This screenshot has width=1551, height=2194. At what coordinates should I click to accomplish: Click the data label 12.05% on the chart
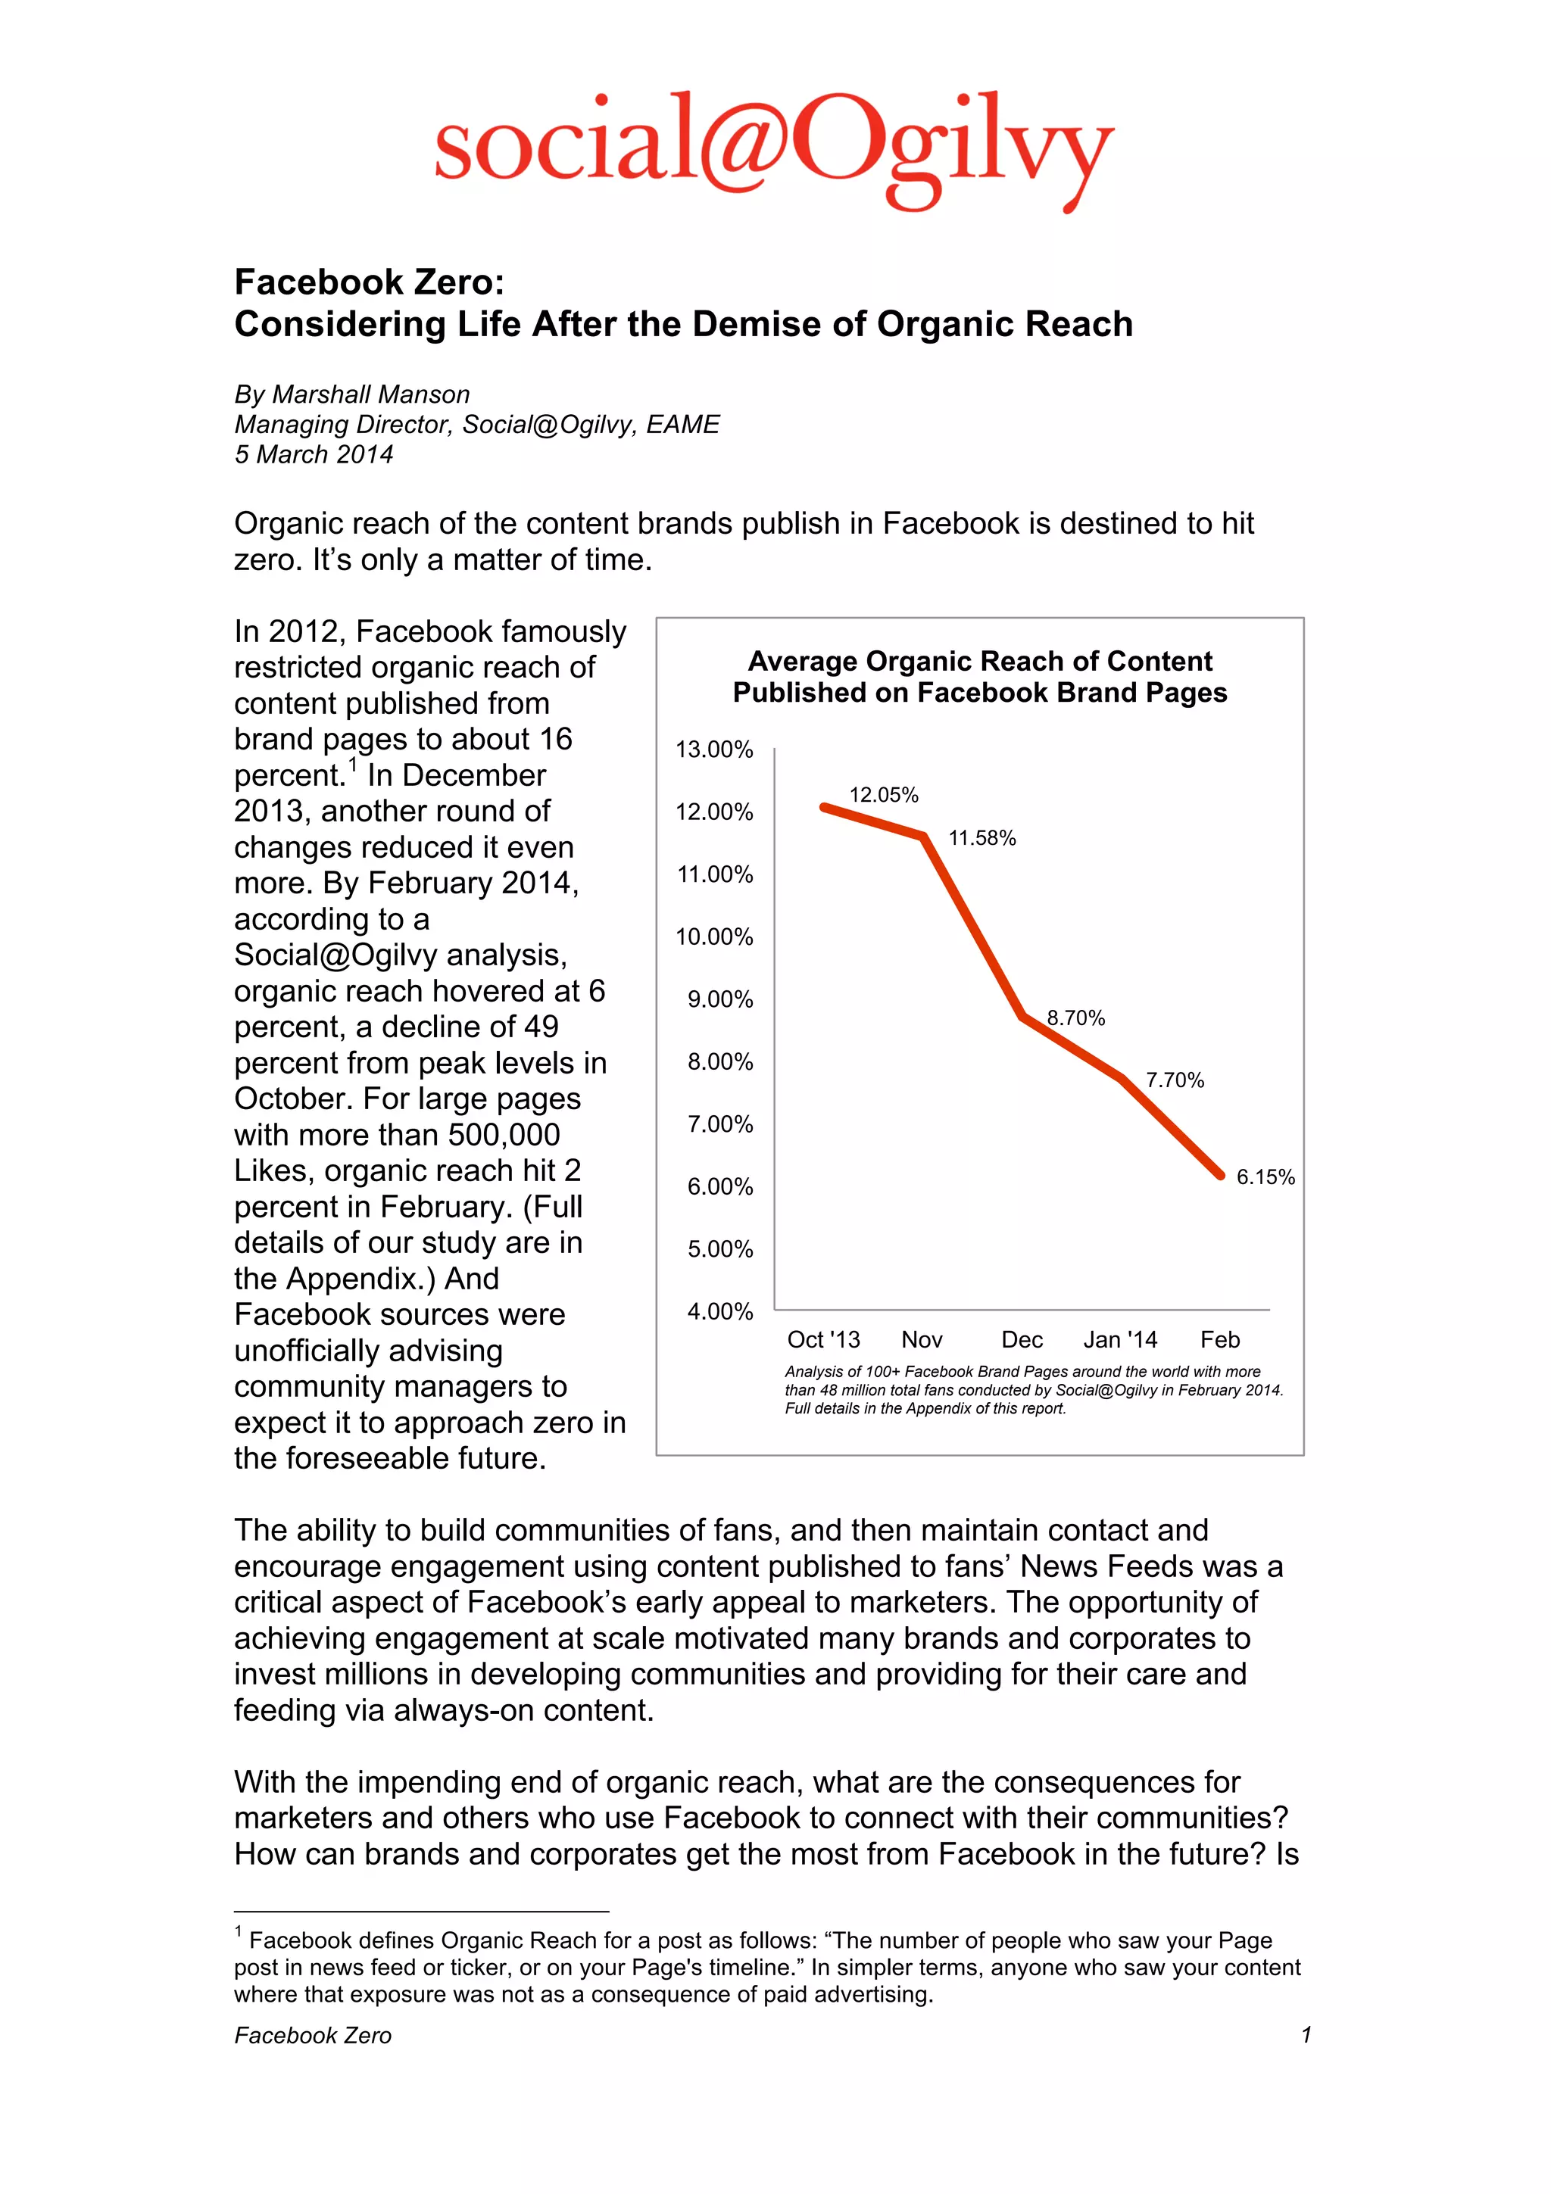click(883, 795)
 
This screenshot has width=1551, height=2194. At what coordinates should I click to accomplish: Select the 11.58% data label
click(981, 838)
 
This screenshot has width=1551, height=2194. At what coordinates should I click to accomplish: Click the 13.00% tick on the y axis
click(714, 750)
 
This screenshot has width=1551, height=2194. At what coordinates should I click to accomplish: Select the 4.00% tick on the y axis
click(719, 1311)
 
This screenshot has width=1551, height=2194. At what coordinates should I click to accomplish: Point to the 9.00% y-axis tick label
click(719, 999)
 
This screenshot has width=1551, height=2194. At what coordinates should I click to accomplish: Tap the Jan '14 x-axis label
click(1120, 1340)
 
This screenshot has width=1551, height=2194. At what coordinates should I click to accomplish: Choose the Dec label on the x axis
click(1022, 1340)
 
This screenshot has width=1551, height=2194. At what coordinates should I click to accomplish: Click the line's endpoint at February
click(1219, 1174)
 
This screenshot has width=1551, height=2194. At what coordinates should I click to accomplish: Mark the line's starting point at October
click(824, 808)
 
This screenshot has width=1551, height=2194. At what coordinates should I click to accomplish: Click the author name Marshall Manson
click(371, 394)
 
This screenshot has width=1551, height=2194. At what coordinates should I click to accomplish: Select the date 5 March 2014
click(314, 455)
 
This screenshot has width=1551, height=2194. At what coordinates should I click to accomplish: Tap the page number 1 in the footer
click(1306, 2035)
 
